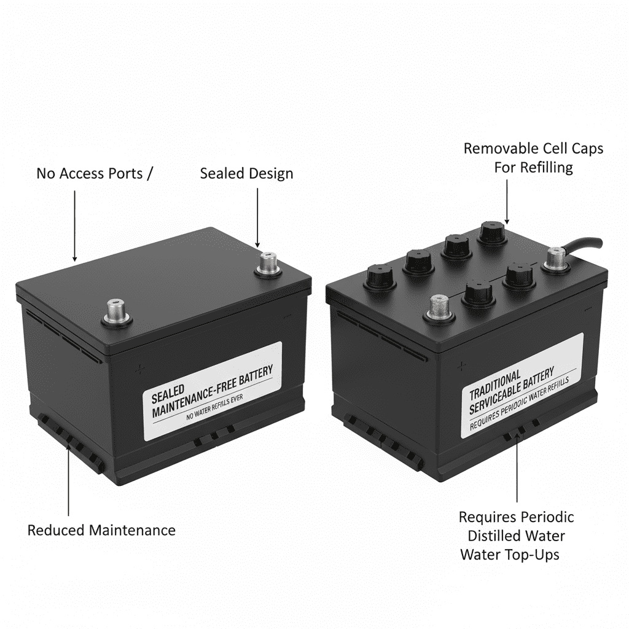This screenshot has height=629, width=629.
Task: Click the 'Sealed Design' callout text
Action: tap(246, 173)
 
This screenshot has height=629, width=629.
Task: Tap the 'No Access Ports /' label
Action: tap(93, 173)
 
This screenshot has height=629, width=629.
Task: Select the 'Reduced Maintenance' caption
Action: tap(101, 530)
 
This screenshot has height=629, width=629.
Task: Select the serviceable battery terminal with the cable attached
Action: tap(556, 258)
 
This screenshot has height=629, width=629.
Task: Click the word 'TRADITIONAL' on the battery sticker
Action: tap(495, 386)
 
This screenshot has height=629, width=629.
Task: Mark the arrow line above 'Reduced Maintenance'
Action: tap(68, 479)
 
